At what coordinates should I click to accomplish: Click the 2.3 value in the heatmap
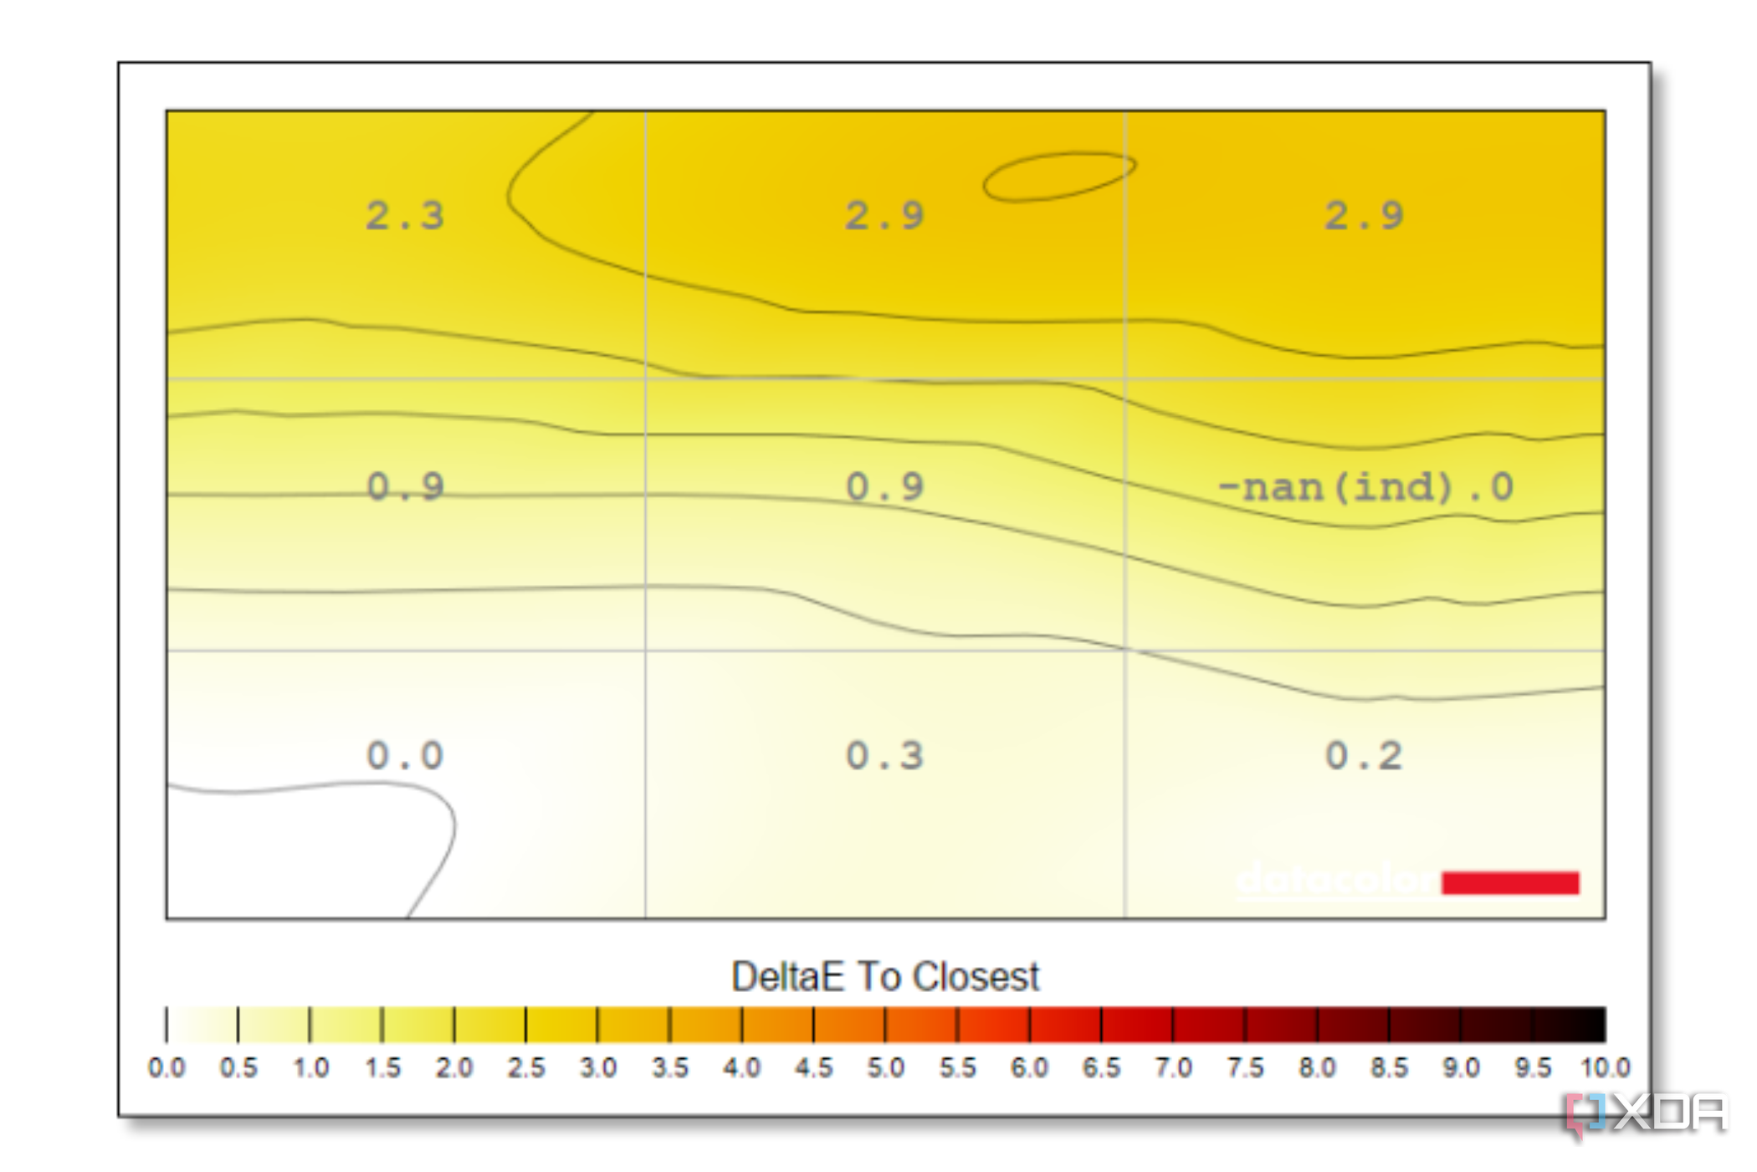[405, 216]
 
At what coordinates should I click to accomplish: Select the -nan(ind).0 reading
[1365, 487]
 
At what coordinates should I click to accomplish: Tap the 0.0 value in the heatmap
[405, 756]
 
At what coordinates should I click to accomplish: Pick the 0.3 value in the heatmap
[884, 756]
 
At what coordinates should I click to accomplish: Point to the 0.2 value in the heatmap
[1364, 756]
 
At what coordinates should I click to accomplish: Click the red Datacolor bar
[1510, 882]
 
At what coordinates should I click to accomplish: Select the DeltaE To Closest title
[885, 976]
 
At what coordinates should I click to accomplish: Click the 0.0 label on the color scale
[166, 1068]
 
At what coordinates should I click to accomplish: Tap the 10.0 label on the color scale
[1605, 1068]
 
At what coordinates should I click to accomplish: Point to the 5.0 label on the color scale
[885, 1068]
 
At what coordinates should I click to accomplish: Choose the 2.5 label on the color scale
[525, 1068]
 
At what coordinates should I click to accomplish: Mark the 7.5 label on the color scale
[1245, 1068]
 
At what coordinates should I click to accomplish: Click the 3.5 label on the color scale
[669, 1068]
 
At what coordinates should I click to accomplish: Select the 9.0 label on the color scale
[1461, 1068]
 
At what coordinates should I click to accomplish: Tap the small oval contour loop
[1059, 176]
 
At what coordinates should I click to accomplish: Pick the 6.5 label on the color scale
[1101, 1068]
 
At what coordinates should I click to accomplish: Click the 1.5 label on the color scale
[382, 1068]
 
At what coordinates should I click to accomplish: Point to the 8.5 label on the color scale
[1389, 1068]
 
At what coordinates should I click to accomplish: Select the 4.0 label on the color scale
[741, 1068]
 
